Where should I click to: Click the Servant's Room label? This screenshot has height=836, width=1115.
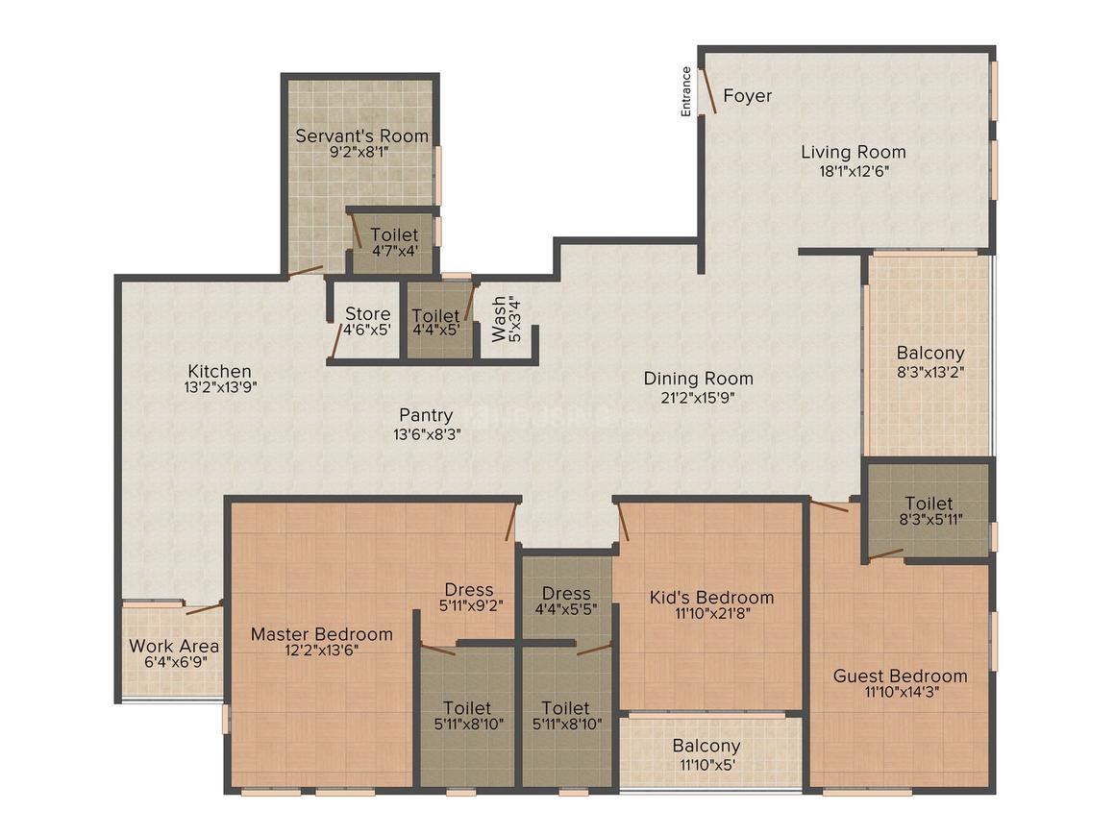(361, 135)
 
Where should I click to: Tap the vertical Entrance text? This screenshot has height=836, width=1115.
(686, 91)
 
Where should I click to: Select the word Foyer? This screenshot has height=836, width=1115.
(747, 96)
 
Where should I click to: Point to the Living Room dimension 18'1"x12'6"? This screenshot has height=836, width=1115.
(853, 172)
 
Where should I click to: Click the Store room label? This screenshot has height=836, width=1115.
(367, 314)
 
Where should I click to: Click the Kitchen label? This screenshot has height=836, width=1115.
(219, 371)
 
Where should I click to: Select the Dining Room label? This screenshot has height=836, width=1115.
(698, 379)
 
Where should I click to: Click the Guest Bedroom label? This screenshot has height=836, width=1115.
(900, 676)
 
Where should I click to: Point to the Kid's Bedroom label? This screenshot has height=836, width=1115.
(711, 598)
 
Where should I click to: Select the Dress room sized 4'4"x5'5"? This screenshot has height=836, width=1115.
(565, 601)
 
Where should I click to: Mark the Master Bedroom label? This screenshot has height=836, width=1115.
(321, 634)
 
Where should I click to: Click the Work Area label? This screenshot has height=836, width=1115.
(174, 646)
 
